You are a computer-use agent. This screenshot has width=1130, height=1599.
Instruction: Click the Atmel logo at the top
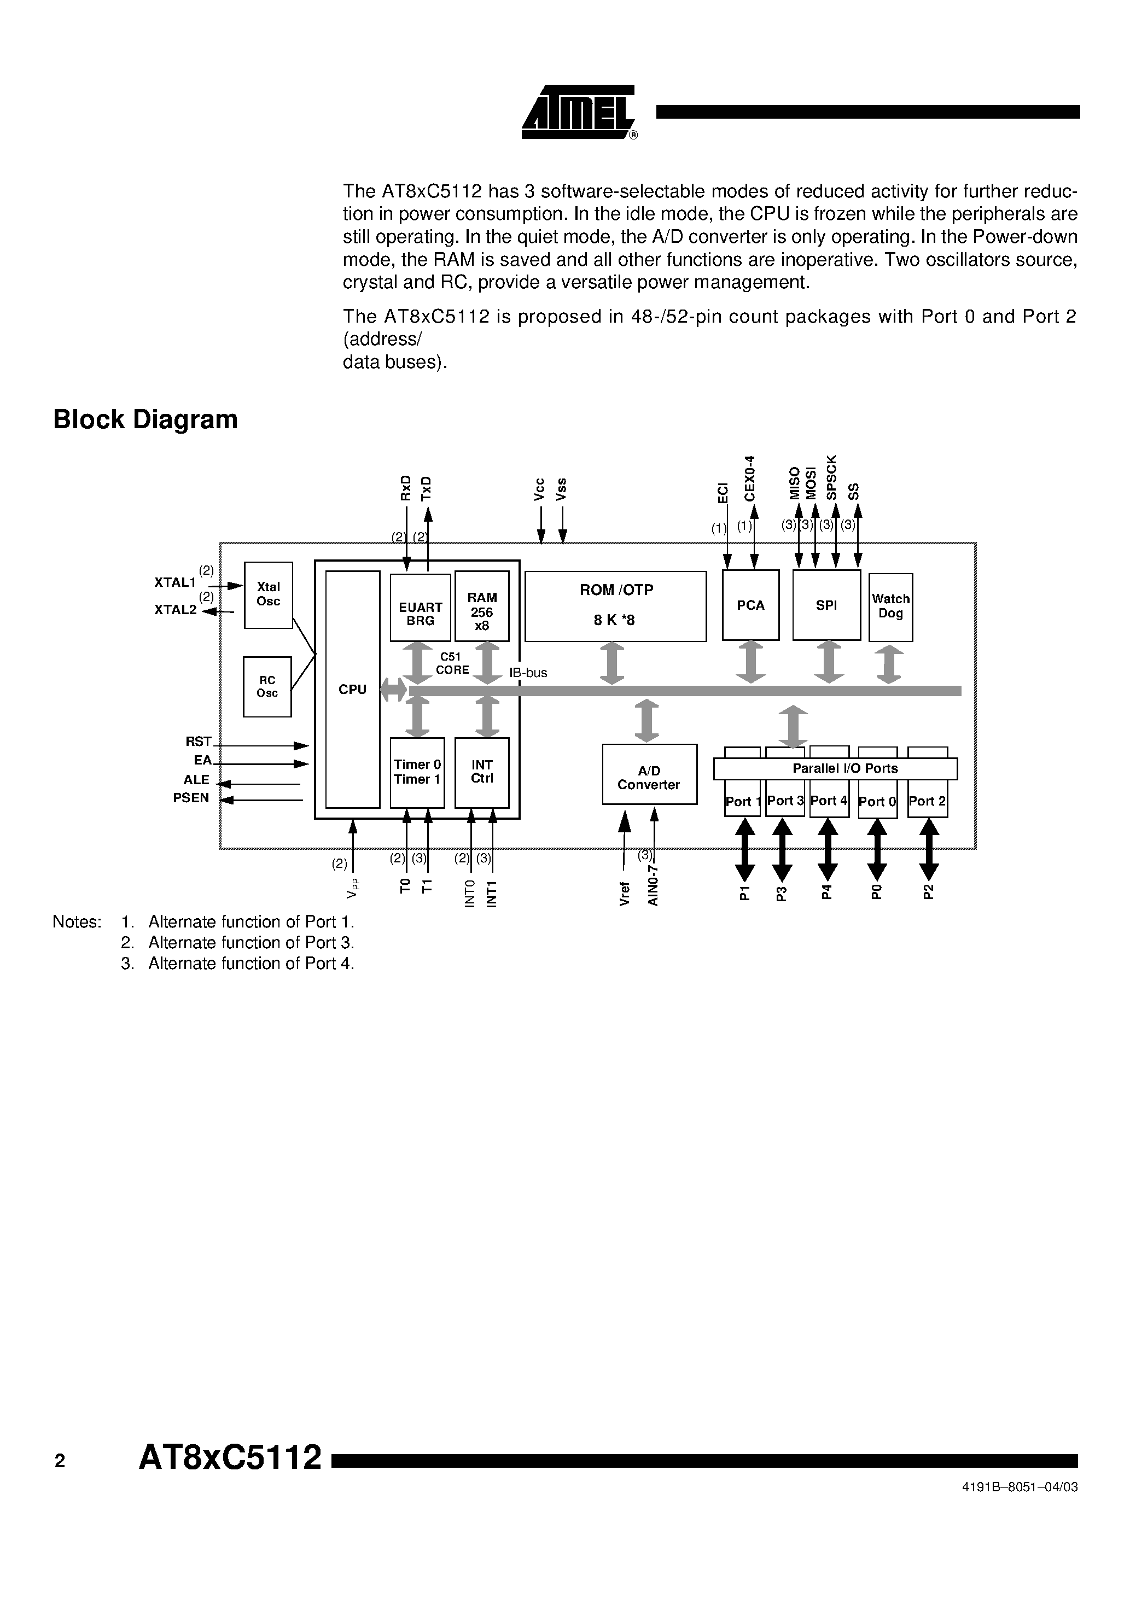pos(579,112)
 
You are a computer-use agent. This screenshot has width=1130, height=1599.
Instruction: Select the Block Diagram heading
pos(145,420)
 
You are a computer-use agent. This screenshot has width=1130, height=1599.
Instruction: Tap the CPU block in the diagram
pos(353,689)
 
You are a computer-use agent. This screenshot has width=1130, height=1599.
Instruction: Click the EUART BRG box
pos(420,608)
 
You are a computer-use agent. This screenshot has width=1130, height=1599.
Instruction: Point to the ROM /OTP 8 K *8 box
pos(615,606)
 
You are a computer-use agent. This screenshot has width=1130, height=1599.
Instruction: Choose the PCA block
pos(750,605)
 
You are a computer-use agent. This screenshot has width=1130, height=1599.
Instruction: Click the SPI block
pos(826,605)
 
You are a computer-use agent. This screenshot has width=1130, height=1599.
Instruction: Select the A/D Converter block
pos(649,774)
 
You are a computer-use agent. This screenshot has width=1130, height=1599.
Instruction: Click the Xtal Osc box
pos(268,595)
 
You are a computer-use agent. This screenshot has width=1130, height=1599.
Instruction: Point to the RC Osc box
pos(267,687)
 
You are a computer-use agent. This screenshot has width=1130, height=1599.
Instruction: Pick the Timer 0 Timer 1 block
pos(417,772)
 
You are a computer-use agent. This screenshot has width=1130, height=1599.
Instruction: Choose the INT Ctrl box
pos(481,772)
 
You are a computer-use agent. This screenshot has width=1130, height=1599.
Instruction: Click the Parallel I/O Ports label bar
pos(835,769)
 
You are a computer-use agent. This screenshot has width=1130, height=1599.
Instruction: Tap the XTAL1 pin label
pos(175,582)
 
